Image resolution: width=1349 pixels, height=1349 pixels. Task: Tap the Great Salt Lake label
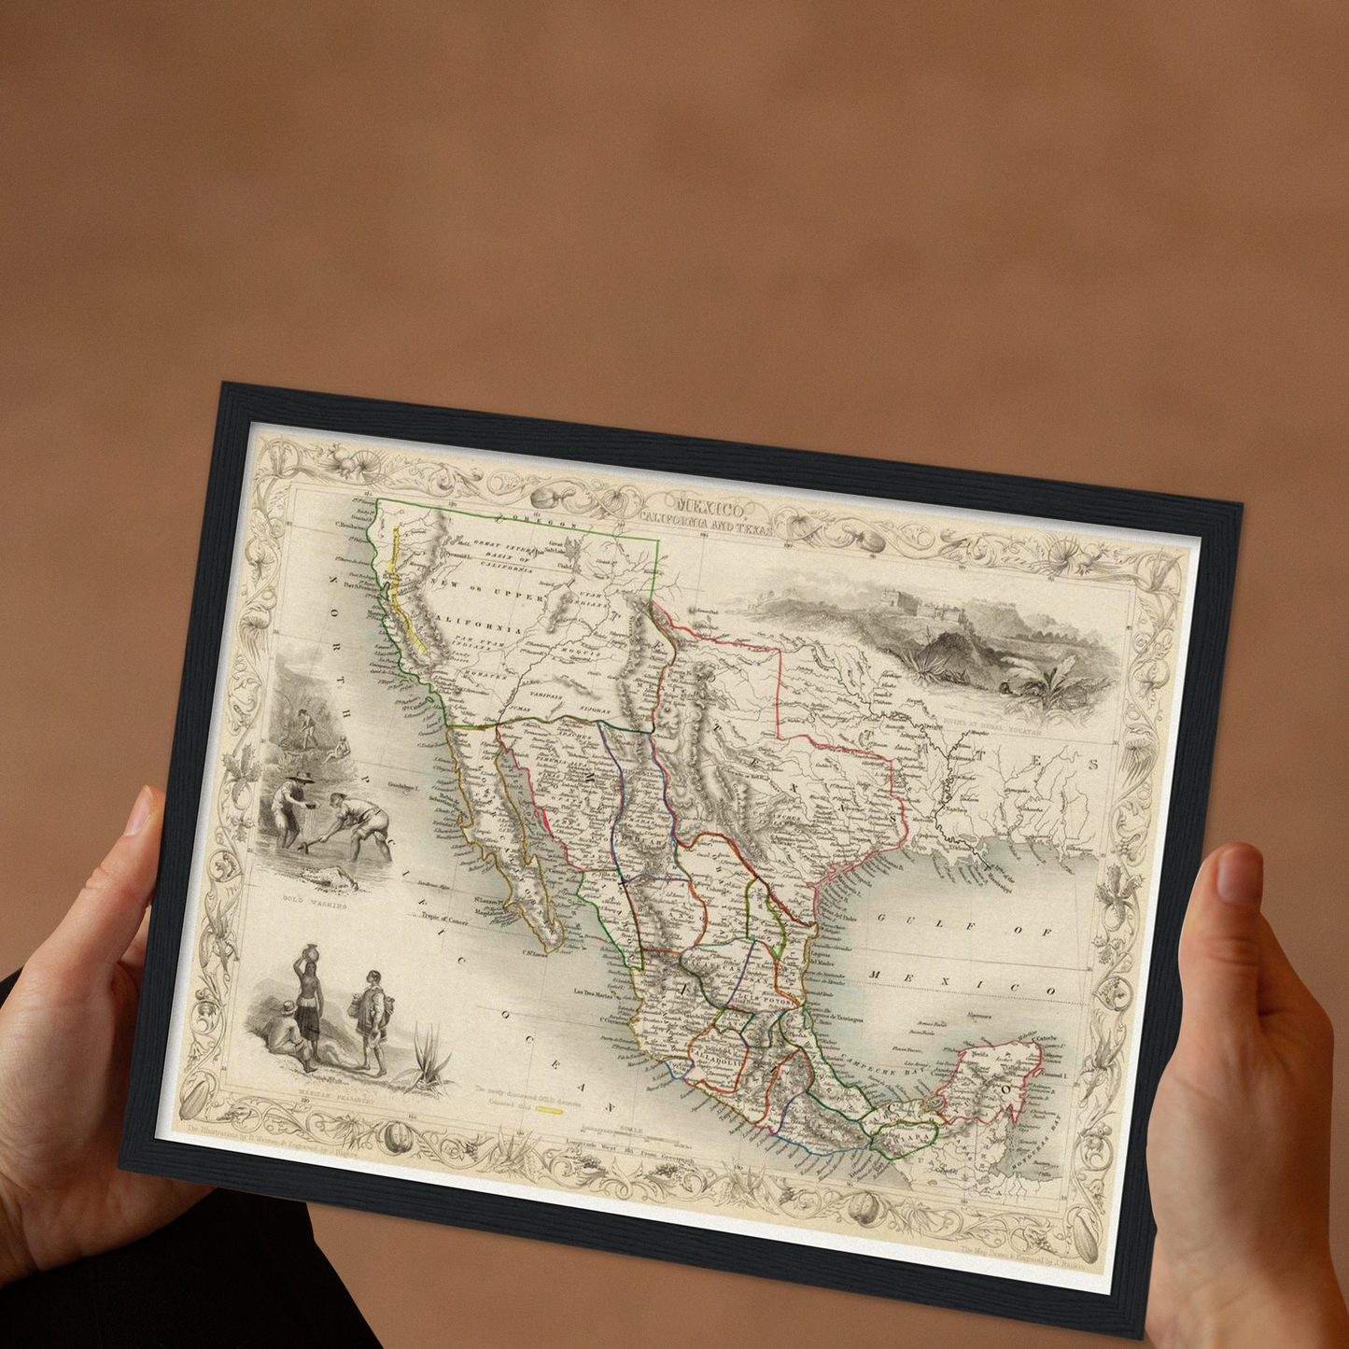coord(556,546)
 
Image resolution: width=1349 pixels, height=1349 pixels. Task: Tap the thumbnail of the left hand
coord(138,811)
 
